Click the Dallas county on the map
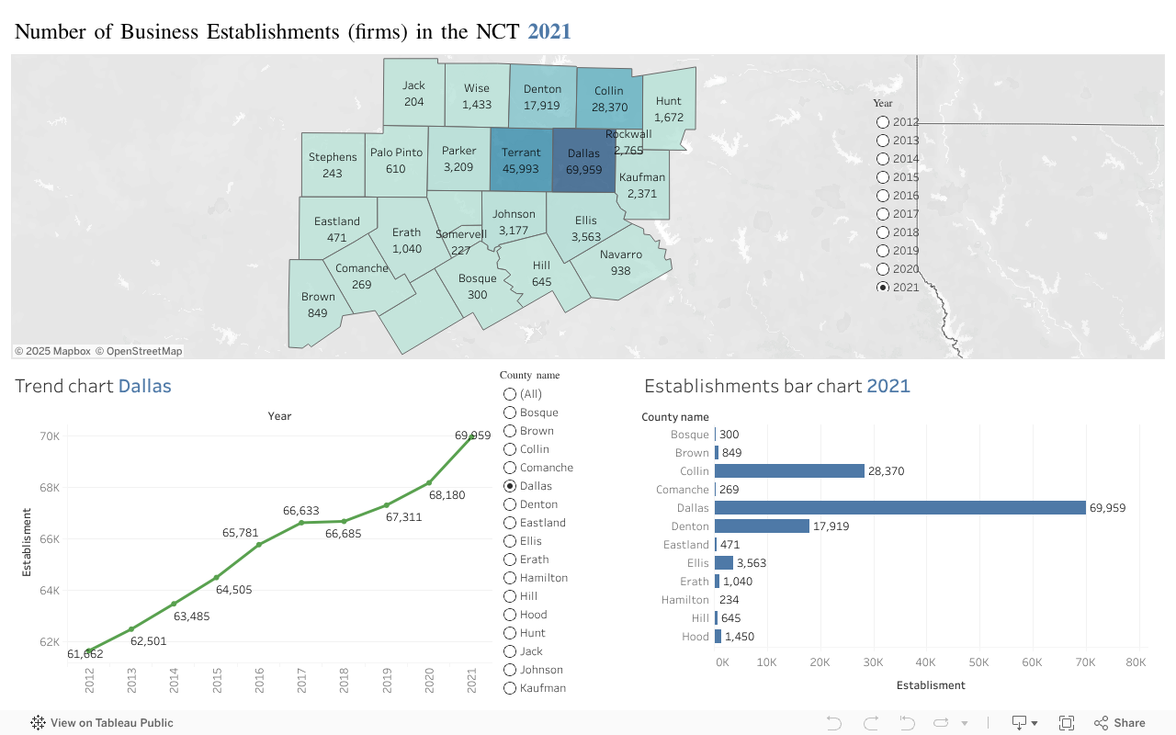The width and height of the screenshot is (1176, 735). coord(583,161)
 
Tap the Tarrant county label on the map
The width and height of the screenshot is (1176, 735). coord(521,153)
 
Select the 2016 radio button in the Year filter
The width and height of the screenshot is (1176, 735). coord(883,196)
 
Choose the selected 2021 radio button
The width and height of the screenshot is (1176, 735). coord(883,288)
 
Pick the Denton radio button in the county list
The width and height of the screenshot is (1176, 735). coord(510,504)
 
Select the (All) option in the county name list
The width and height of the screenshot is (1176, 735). coord(510,394)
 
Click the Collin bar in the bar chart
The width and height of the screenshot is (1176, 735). coord(789,471)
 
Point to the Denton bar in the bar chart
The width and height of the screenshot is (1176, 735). coord(762,526)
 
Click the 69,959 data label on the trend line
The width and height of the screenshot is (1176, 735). coord(472,435)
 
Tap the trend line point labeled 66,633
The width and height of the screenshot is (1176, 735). coord(300,523)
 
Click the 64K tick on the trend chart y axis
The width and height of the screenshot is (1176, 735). coord(49,591)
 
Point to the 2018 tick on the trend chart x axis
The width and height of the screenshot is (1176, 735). coord(344,680)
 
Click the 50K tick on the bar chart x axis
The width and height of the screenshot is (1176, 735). coord(978,662)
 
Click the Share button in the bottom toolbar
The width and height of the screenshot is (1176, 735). coord(1119,723)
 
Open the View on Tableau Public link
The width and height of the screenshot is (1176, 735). coord(102,723)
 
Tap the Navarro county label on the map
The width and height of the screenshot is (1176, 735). coord(621,254)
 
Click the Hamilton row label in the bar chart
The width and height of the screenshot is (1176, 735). coord(684,600)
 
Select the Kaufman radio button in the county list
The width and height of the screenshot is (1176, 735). coord(510,688)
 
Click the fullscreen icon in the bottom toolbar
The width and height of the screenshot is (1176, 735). coord(1067,723)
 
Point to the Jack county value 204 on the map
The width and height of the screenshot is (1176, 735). coord(414,102)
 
